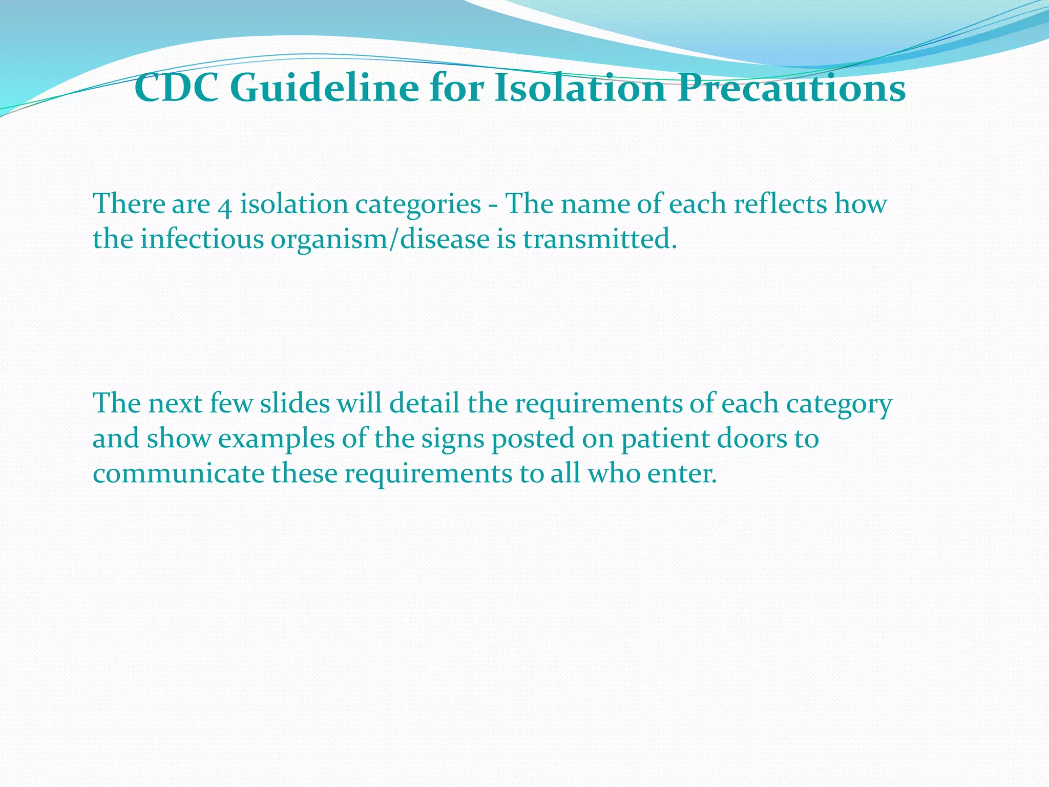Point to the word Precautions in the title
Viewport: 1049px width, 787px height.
point(791,89)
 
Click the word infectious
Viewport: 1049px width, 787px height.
point(202,239)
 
